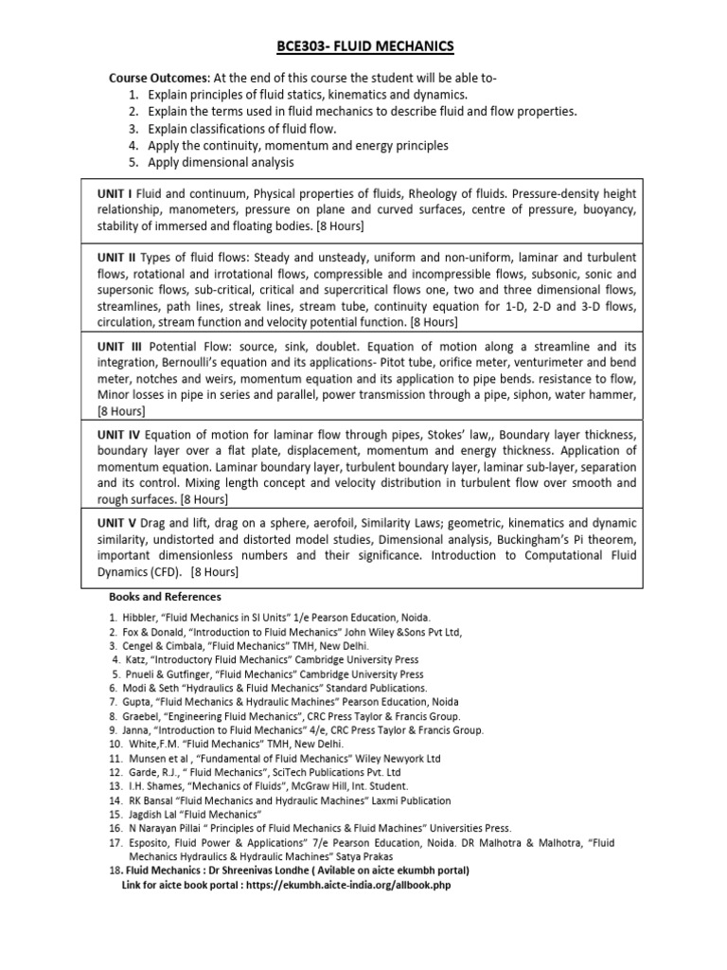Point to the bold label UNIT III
(x=120, y=348)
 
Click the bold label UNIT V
(x=117, y=523)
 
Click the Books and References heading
(x=167, y=597)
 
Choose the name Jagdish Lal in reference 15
(x=154, y=815)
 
